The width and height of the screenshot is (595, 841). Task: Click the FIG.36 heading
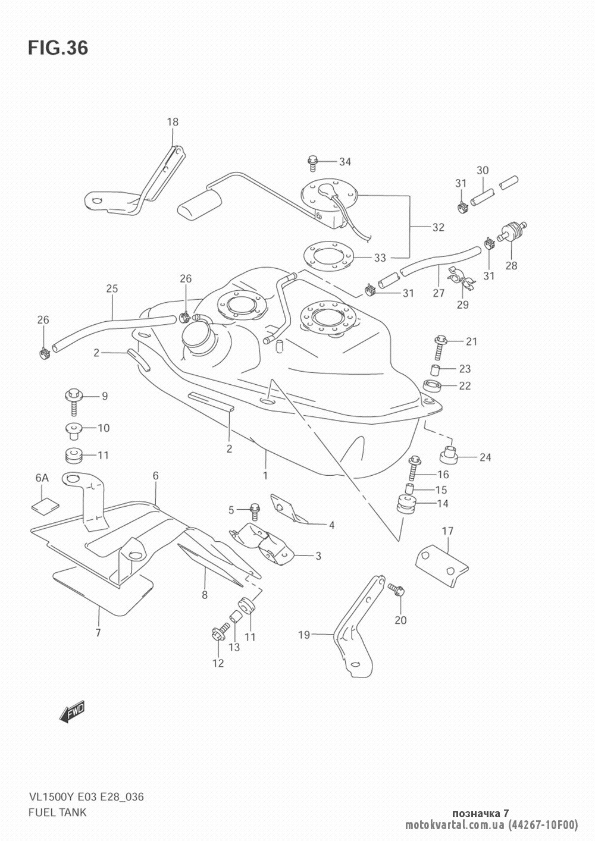(58, 48)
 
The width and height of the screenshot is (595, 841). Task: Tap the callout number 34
(345, 162)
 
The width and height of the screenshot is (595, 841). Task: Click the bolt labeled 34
(312, 161)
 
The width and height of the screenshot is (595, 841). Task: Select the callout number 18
(173, 123)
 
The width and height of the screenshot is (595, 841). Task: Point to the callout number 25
(112, 289)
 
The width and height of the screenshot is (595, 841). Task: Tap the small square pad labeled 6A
(45, 504)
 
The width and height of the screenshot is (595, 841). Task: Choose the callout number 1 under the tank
(265, 475)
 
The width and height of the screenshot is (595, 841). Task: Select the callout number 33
(380, 258)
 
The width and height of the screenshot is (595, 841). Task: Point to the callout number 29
(462, 305)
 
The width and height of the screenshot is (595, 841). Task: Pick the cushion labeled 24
(449, 454)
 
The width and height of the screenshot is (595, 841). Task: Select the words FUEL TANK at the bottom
(57, 812)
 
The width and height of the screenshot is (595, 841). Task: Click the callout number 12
(218, 663)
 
